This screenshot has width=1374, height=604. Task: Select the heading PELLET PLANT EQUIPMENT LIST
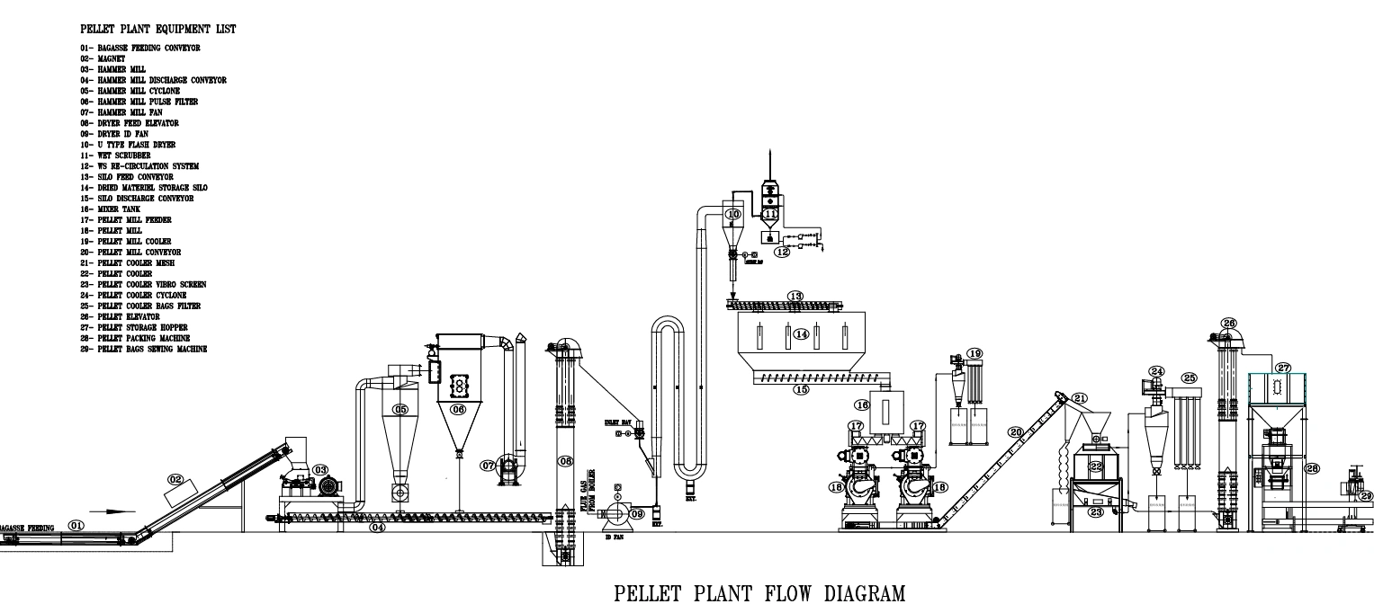158,30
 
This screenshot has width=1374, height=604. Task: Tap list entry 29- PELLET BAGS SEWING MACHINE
144,349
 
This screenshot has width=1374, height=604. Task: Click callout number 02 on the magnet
176,480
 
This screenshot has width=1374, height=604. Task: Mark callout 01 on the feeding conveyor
76,525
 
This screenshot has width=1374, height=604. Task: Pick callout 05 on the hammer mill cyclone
401,411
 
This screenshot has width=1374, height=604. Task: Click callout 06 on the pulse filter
458,409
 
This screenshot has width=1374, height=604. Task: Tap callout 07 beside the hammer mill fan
487,466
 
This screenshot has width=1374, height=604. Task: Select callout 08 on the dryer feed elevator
566,461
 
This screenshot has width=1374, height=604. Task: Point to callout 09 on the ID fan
637,513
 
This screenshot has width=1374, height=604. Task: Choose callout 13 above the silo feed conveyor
795,295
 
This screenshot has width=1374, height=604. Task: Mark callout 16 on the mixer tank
862,405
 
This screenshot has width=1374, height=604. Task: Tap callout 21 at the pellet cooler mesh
1080,397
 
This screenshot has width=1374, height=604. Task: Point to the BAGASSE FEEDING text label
27,528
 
